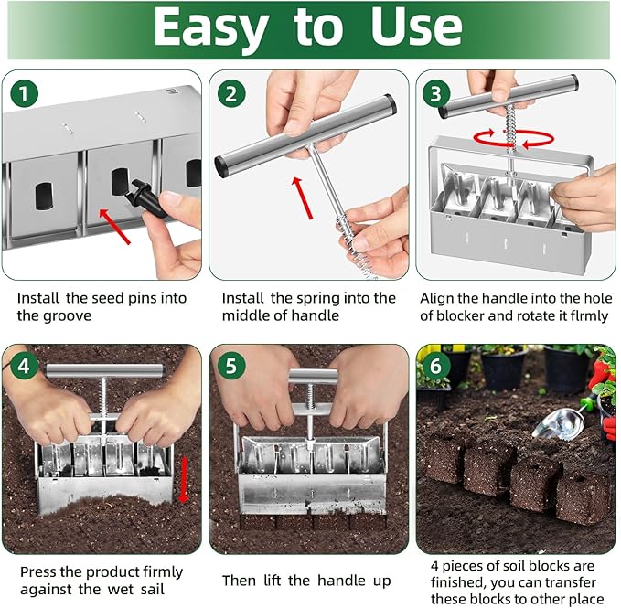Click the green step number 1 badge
click(23, 92)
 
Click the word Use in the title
click(416, 29)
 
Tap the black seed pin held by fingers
click(148, 195)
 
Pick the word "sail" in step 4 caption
click(151, 590)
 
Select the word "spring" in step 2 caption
click(323, 298)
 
